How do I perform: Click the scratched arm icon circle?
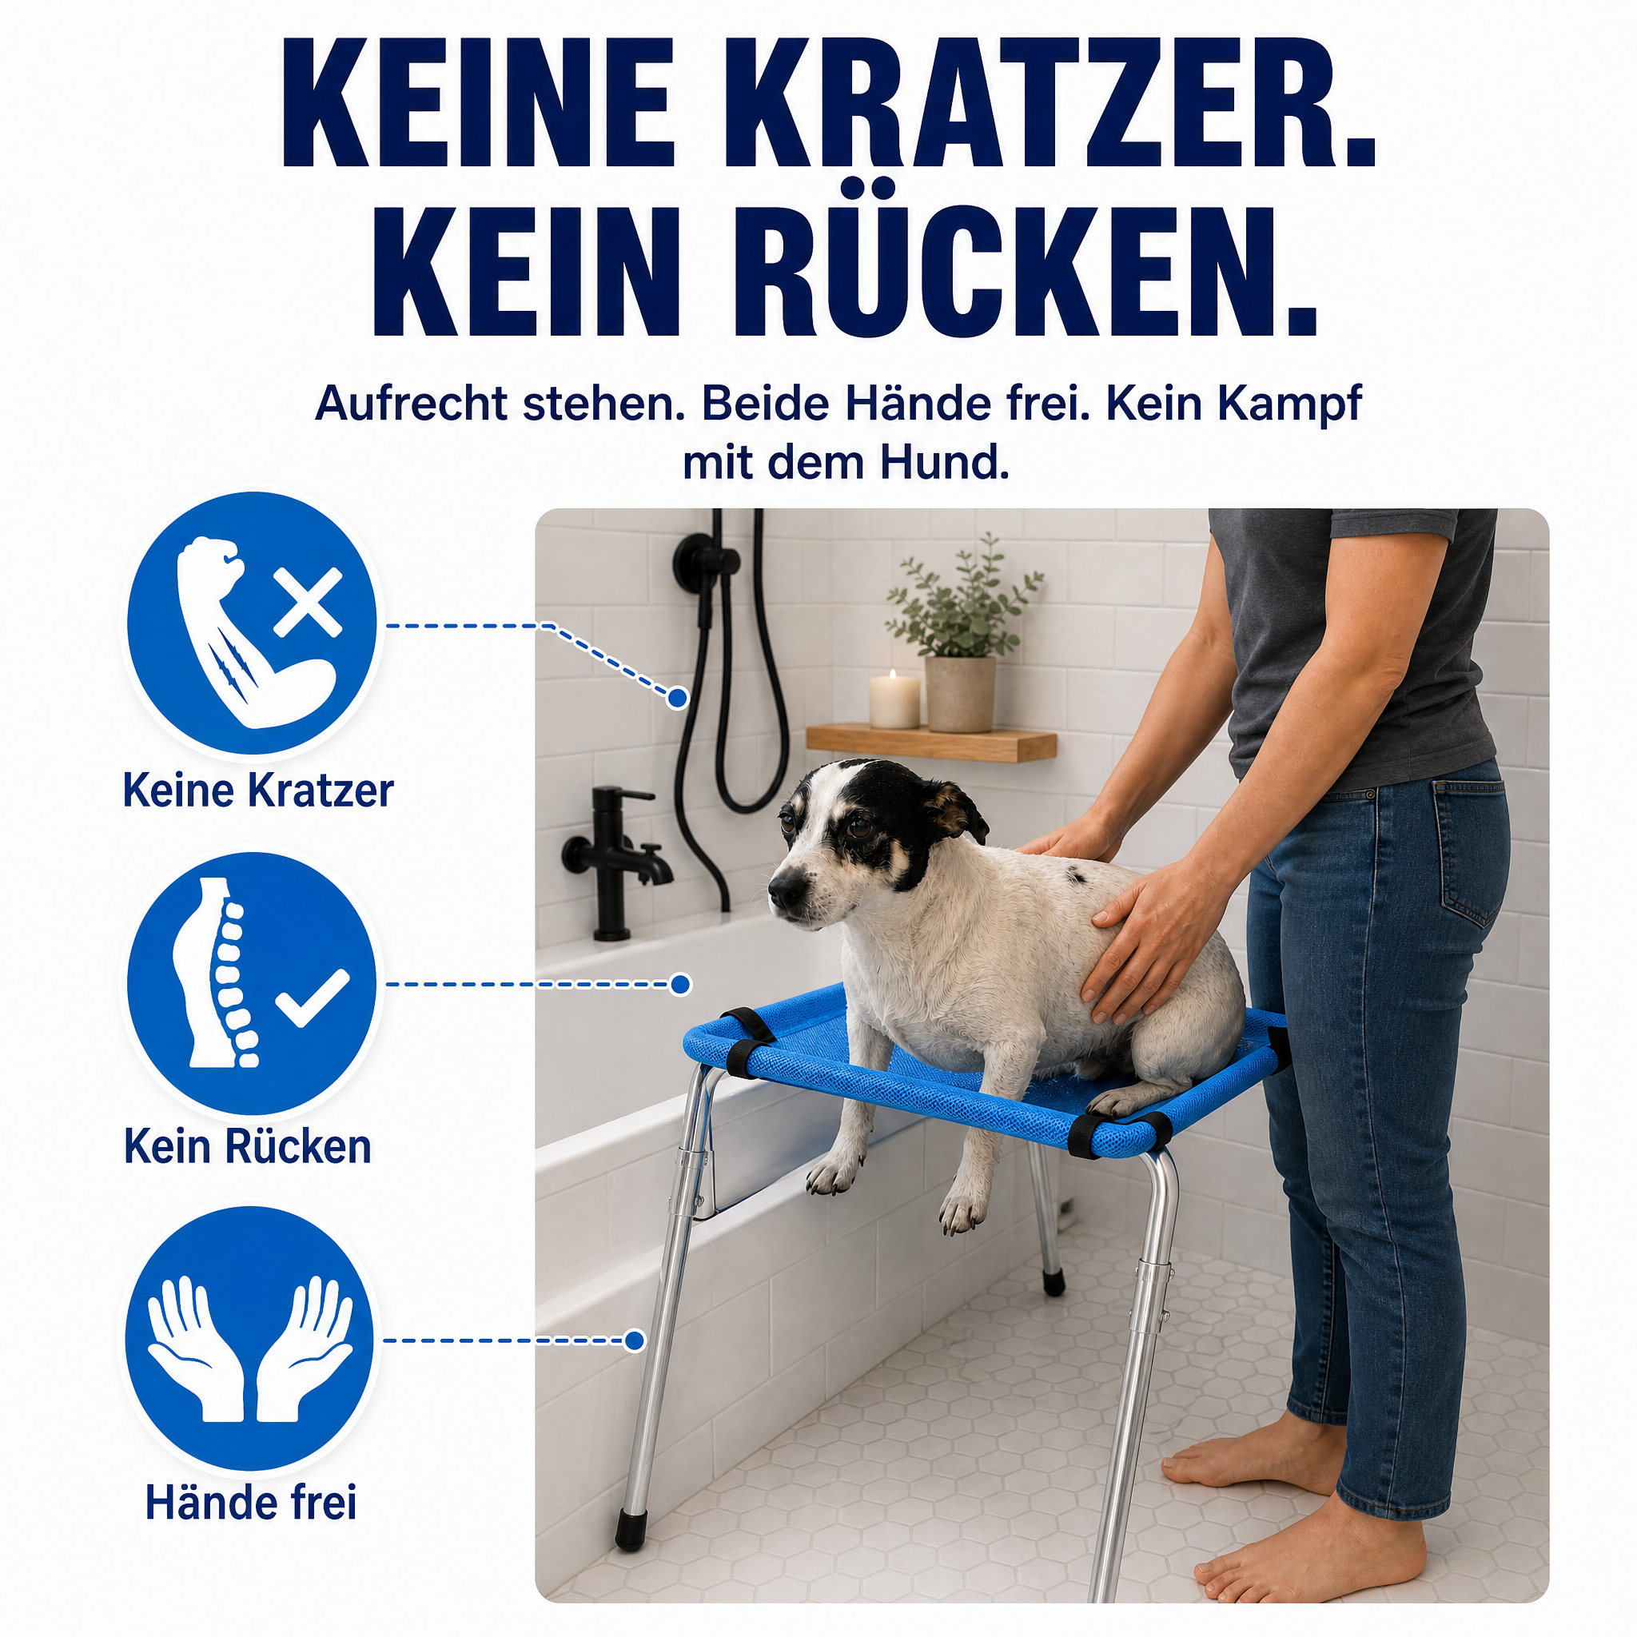[x=252, y=623]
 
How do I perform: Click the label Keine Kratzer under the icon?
[x=258, y=790]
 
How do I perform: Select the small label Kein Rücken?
[x=249, y=1146]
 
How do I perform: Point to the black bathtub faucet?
[x=616, y=860]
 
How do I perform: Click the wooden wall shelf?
[x=931, y=743]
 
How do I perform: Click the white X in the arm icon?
[x=308, y=603]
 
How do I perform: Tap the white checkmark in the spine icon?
[x=313, y=997]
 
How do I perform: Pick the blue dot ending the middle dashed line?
[x=679, y=985]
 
